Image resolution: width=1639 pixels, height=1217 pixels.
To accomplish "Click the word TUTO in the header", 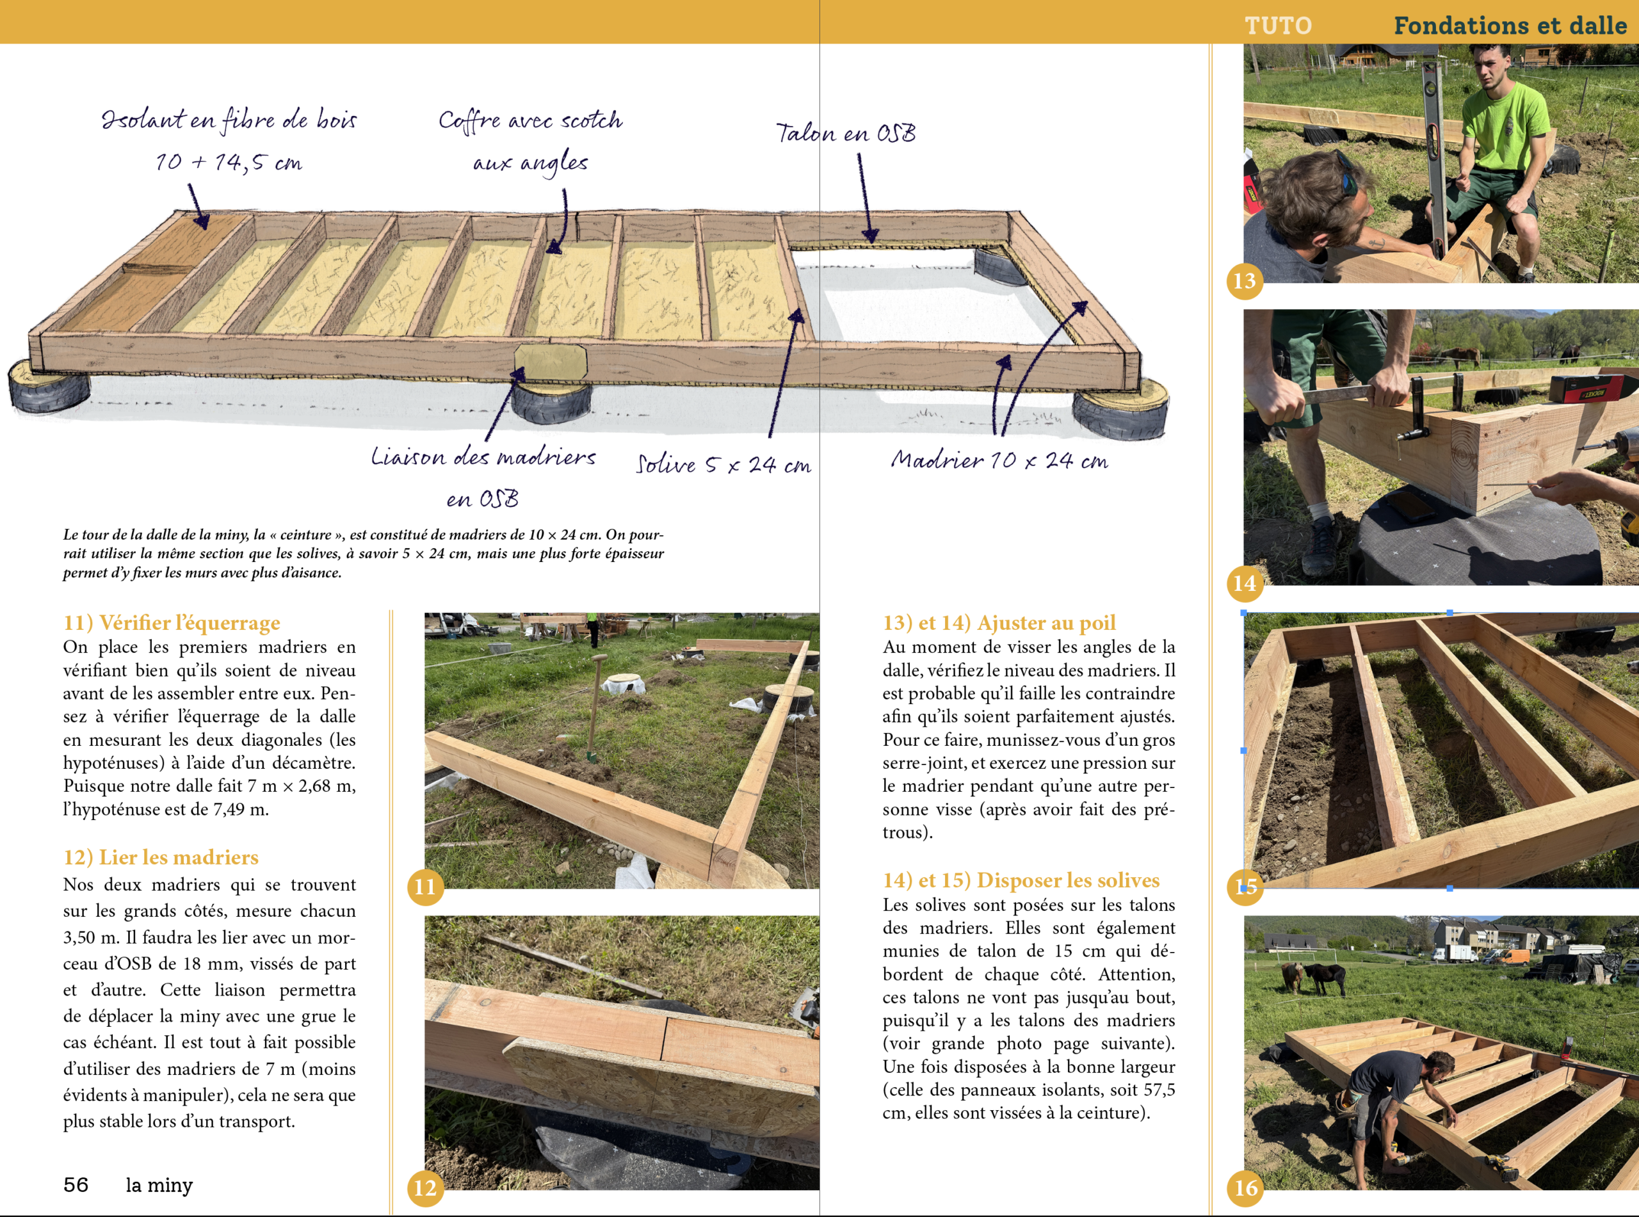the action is pos(1278,26).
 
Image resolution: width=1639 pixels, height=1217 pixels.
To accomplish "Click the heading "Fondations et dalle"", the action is pos(1510,26).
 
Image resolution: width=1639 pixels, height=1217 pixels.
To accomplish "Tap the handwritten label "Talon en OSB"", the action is pos(846,133).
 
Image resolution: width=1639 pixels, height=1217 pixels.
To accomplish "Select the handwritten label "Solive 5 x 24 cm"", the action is pos(723,464).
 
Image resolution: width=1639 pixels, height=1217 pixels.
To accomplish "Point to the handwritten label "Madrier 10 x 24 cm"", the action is pos(999,460).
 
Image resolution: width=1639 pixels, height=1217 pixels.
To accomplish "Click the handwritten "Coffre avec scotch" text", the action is pos(530,120).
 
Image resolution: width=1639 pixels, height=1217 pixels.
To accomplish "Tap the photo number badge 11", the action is pos(425,886).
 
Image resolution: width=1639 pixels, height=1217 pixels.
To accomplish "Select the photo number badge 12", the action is pos(425,1188).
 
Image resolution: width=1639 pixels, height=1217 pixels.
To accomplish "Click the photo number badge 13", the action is pos(1244,280).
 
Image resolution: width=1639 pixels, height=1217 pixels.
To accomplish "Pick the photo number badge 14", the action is pos(1244,583).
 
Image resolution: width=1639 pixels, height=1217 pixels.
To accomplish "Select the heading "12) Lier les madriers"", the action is pos(161,857).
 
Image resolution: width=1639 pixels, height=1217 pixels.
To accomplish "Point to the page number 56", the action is pos(76,1184).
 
